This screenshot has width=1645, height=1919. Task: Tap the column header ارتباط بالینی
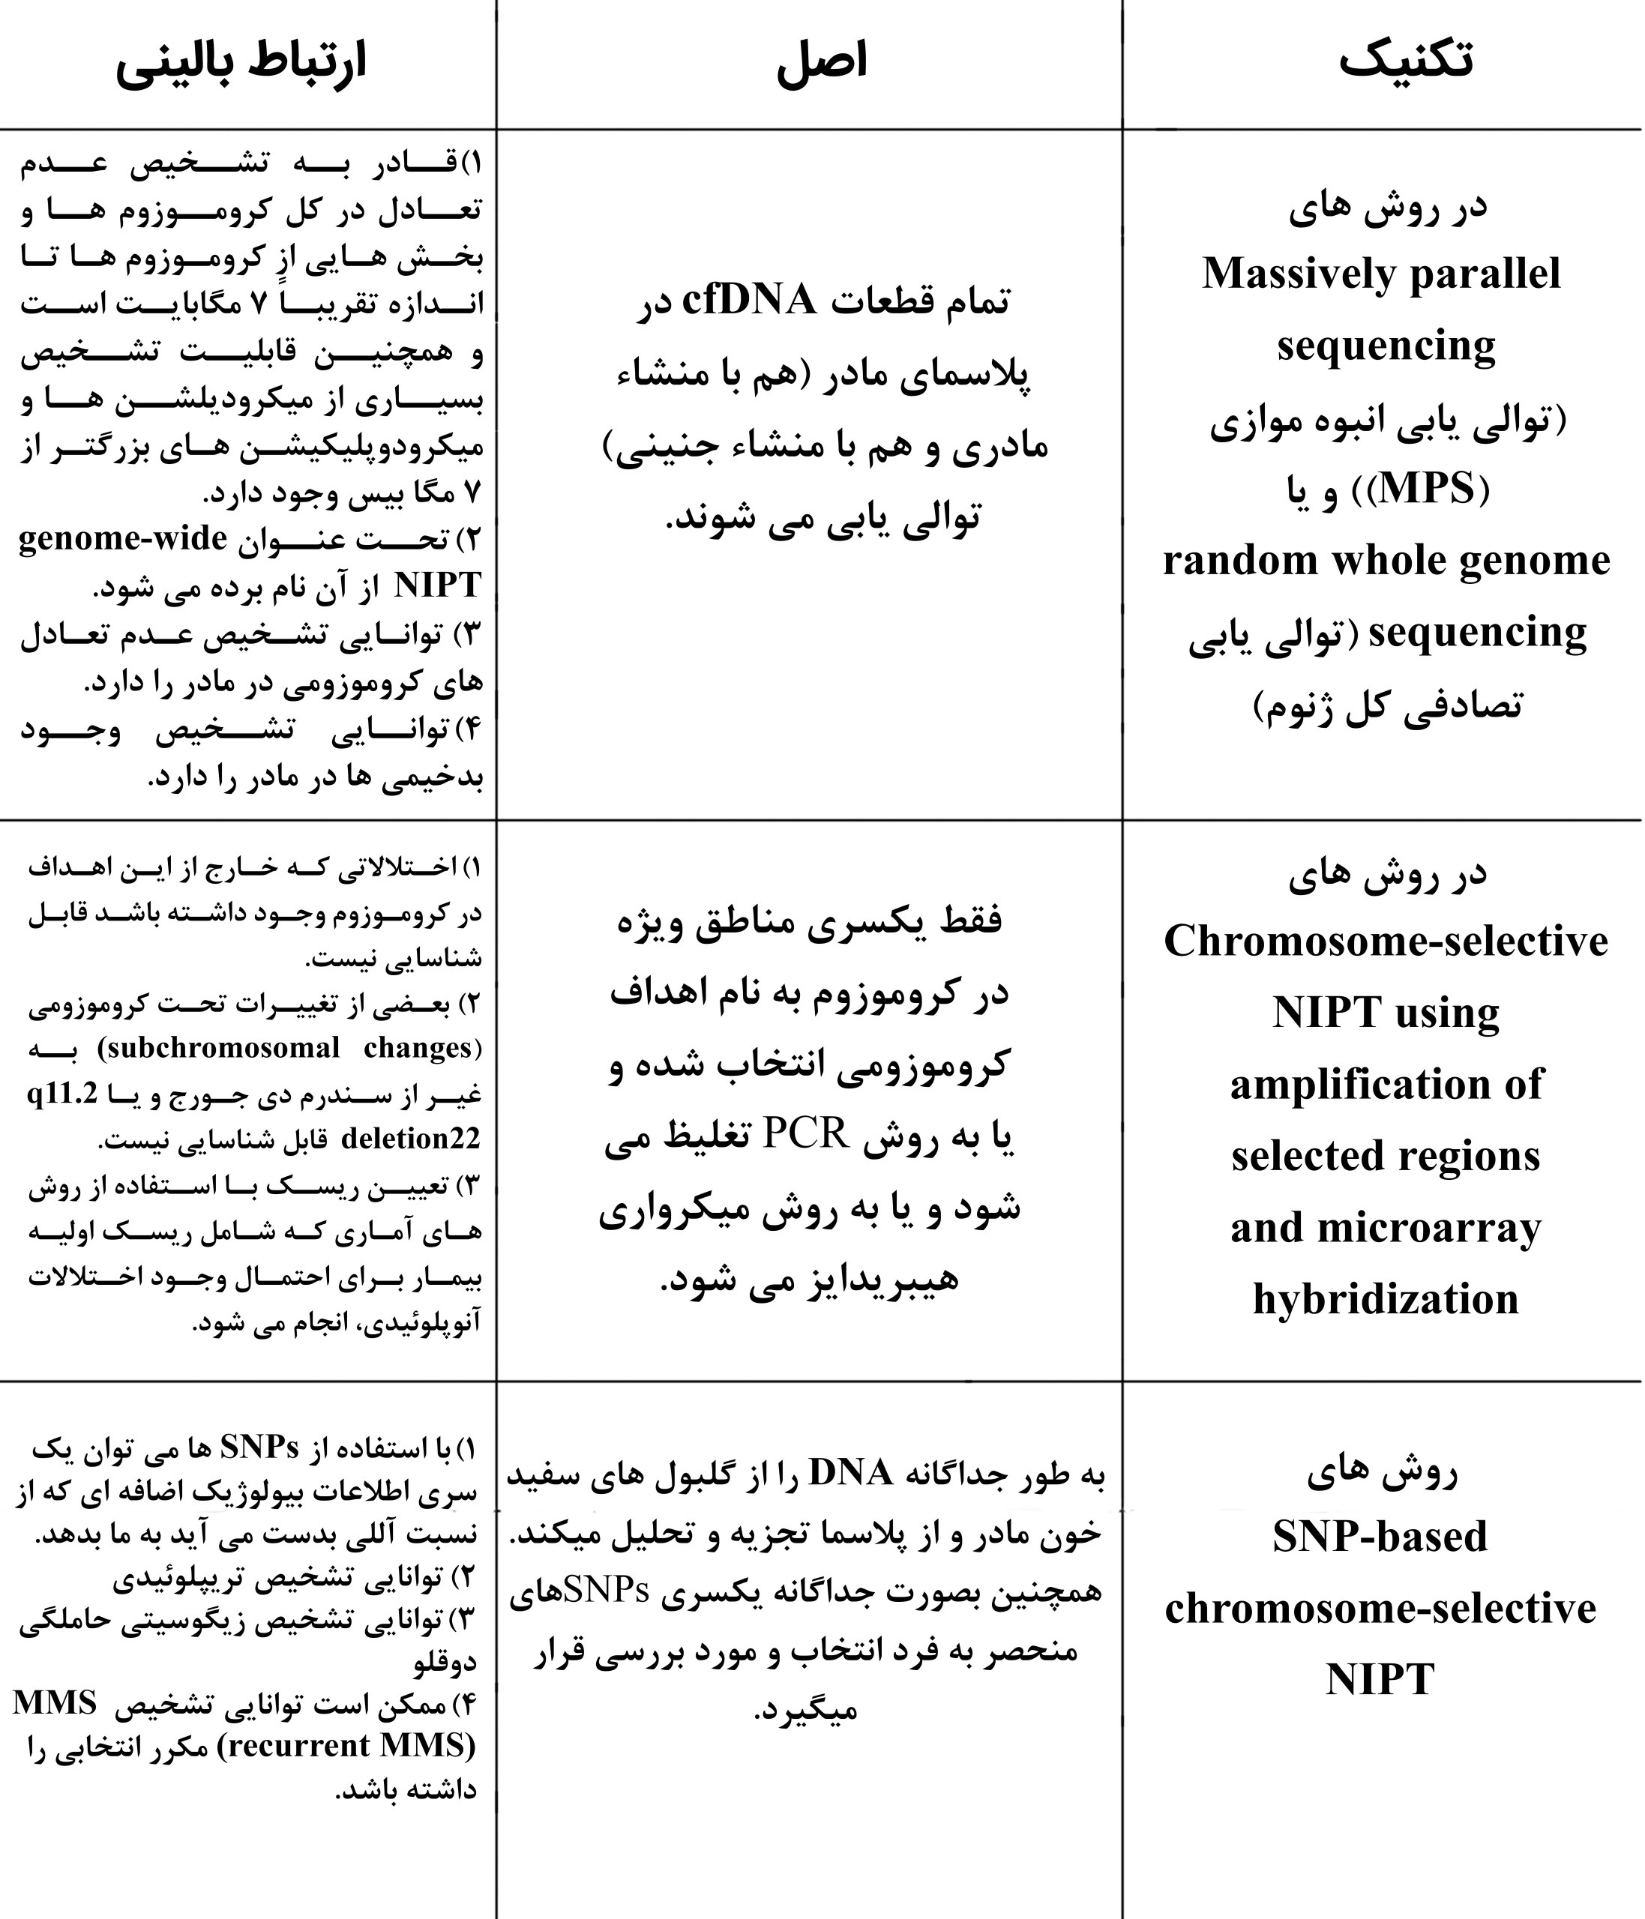tap(241, 63)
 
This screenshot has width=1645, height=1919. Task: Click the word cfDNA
tap(749, 301)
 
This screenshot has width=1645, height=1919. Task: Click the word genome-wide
tap(123, 538)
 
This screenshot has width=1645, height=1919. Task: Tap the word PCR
tap(805, 1135)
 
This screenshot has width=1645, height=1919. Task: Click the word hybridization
tap(1386, 1299)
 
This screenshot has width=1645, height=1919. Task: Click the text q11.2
tap(62, 1094)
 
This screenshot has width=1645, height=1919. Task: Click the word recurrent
tap(298, 1745)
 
